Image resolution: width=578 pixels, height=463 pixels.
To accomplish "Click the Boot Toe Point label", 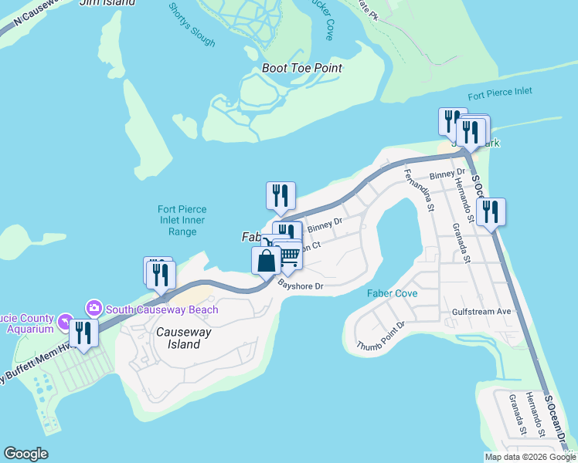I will pyautogui.click(x=301, y=68).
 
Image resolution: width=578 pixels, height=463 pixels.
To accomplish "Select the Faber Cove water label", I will pyautogui.click(x=392, y=293).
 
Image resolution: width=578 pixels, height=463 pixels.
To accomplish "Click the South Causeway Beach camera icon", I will pyautogui.click(x=95, y=308).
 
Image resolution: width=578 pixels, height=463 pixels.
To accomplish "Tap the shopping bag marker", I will pyautogui.click(x=266, y=260).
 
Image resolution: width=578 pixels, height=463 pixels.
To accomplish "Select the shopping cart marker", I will pyautogui.click(x=289, y=255).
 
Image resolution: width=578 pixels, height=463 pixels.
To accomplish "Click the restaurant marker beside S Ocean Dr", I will pyautogui.click(x=490, y=212).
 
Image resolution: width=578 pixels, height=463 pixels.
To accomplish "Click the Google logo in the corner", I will pyautogui.click(x=26, y=454).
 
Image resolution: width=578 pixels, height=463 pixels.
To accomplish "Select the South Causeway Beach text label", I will pyautogui.click(x=162, y=309).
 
